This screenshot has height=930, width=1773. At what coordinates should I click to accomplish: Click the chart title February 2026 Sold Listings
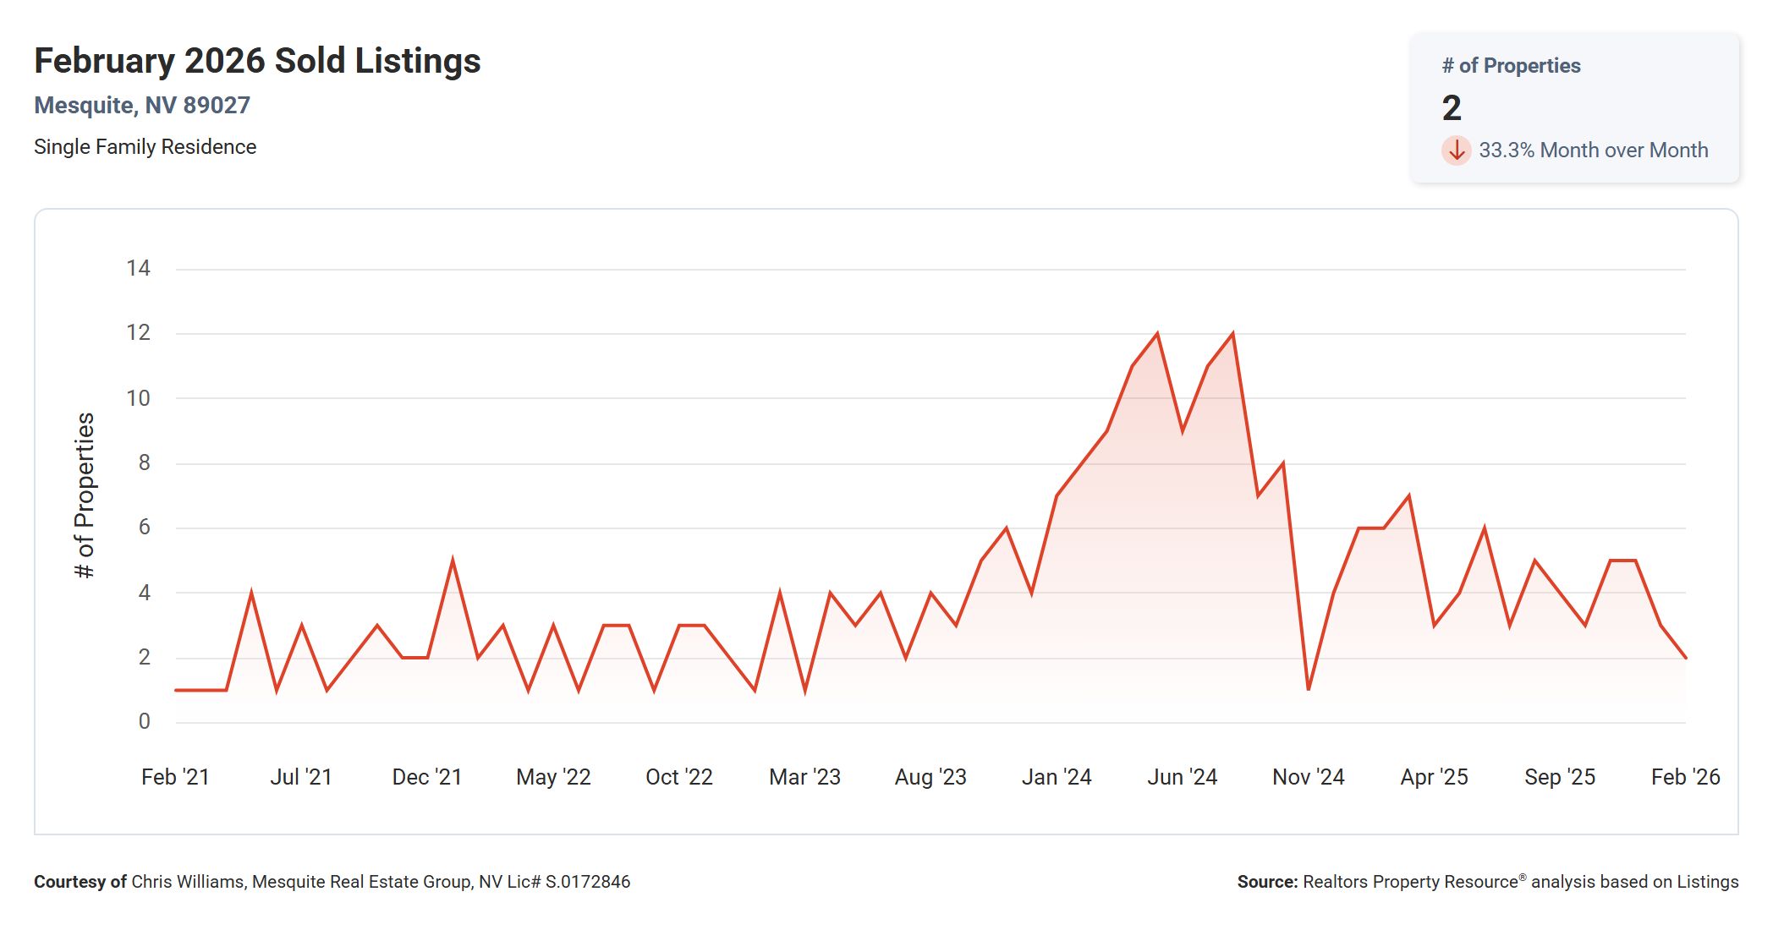[257, 61]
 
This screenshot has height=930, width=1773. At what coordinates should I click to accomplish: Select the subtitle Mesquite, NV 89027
[142, 106]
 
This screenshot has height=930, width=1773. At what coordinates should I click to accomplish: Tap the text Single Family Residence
[145, 147]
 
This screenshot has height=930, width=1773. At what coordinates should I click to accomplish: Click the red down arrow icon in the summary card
[1456, 150]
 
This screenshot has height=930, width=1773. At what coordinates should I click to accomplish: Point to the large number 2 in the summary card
[1452, 108]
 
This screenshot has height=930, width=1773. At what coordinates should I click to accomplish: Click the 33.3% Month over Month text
[1593, 150]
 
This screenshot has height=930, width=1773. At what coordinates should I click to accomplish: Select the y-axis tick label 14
[138, 269]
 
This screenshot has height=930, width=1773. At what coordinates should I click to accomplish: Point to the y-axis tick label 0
[144, 721]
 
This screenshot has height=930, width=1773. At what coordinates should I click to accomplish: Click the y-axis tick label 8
[144, 462]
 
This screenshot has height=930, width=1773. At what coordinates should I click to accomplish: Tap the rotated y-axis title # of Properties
[85, 495]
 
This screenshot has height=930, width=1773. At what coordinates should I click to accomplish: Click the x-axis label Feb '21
[175, 777]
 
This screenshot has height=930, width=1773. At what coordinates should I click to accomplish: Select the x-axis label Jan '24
[1056, 777]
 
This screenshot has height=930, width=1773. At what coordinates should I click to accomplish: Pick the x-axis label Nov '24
[1308, 777]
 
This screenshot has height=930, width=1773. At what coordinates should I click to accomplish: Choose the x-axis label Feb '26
[1685, 777]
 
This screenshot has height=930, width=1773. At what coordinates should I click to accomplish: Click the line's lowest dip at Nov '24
[1309, 689]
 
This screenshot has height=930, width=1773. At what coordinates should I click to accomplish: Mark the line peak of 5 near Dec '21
[453, 561]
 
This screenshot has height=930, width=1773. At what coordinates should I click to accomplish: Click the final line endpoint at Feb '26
[1685, 657]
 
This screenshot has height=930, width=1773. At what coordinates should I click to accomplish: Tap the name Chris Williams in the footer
[188, 882]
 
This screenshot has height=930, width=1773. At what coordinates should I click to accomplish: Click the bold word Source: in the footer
[1266, 882]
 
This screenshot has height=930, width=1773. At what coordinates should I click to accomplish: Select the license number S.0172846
[587, 882]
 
